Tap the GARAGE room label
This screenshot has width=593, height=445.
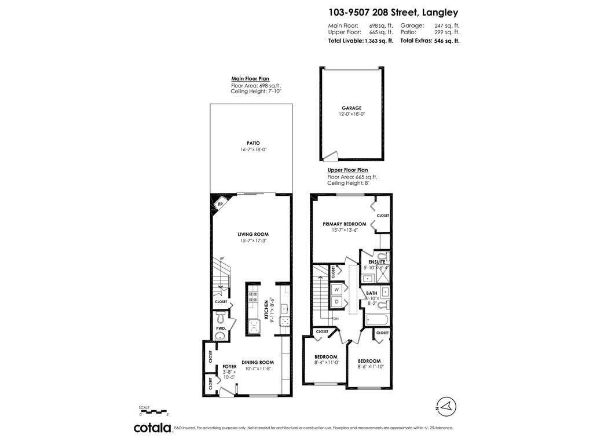351,108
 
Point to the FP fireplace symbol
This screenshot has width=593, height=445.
220,205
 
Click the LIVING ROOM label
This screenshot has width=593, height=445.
253,234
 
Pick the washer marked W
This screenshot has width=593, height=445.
336,289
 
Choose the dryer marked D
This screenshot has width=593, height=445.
336,301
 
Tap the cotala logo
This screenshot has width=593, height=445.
153,428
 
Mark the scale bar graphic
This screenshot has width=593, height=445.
153,411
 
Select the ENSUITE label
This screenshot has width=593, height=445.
376,262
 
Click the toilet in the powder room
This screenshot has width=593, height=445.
221,318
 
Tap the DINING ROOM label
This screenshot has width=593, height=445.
257,362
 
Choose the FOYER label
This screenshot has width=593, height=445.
229,367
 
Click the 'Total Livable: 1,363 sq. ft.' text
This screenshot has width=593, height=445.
360,41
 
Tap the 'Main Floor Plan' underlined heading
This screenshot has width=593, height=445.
250,79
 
